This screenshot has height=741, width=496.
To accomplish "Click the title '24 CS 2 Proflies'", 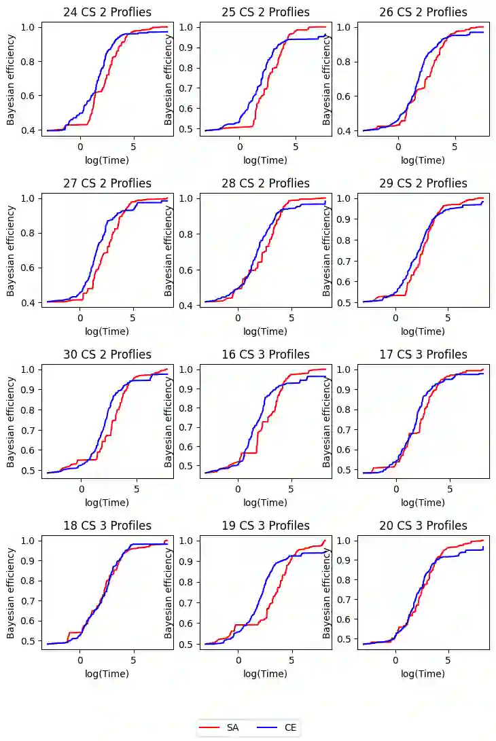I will pos(107,12).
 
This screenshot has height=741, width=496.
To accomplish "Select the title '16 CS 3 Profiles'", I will pos(265,355).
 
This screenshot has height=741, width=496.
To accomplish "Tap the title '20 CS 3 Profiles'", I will pos(423,526).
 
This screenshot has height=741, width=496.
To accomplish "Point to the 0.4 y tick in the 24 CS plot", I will pos(31,130).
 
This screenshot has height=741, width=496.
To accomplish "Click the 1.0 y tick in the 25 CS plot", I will pos(190,27).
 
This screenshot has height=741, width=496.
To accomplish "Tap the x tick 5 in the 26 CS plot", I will pos(455,146).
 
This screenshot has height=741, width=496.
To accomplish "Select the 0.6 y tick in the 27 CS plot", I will pos(31,268).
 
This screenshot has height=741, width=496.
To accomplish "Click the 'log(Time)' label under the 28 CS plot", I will pos(265,331).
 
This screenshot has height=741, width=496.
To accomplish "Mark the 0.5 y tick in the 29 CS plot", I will pos(347,302).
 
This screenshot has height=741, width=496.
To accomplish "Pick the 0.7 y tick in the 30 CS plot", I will pos(31,431).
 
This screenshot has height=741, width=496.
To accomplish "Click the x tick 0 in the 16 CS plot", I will pos(238,488).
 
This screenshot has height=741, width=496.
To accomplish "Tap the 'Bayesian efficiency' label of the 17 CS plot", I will pos(327,420).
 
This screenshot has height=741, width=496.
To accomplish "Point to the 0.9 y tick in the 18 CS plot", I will pos(31,561).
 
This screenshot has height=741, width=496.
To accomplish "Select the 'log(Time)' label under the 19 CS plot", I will pos(265,674).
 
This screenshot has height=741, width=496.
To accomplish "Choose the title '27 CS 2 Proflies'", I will pos(107,183).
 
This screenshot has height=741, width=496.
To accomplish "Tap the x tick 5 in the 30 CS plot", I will pos(137,488).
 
